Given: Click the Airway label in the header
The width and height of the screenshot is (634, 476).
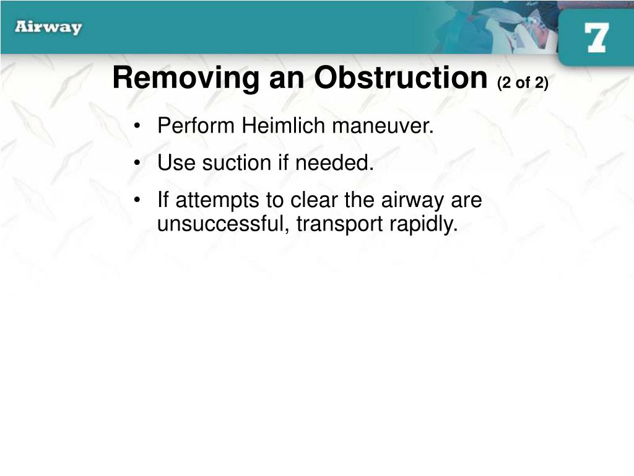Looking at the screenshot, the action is click(48, 27).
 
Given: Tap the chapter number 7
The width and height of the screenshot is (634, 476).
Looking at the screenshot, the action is click(596, 37).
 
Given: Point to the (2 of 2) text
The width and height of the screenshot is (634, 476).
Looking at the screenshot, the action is click(523, 83).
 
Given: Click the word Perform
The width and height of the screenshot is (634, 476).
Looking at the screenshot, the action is click(196, 125).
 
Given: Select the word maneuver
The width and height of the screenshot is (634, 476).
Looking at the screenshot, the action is click(383, 126).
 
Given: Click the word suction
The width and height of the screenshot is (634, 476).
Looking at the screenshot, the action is click(237, 163).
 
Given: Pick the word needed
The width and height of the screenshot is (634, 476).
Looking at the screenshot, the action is click(334, 163).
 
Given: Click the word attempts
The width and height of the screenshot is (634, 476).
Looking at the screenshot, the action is click(217, 200).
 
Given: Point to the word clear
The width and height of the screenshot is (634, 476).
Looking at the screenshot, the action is click(314, 200).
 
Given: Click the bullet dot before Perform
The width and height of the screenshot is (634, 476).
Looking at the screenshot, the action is click(137, 126).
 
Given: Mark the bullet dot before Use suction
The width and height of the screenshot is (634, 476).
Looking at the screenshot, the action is click(137, 163).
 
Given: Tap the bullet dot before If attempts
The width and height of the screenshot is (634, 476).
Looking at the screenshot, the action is click(137, 200).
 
